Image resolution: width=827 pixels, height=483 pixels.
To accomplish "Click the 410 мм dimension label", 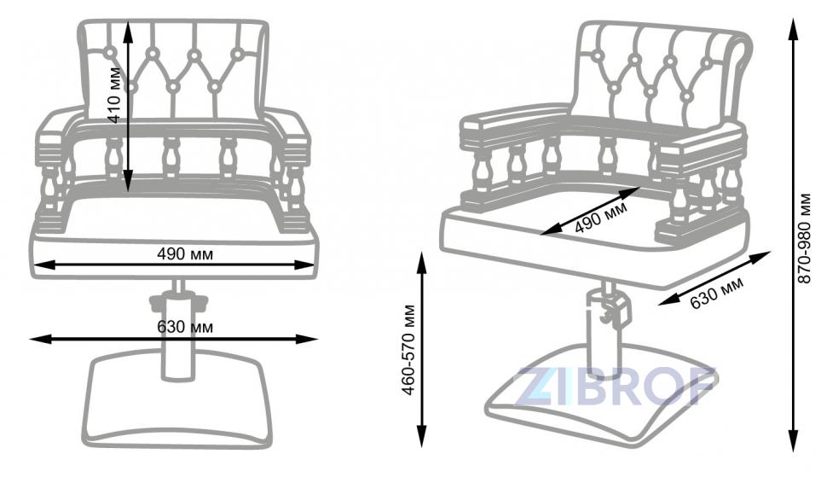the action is point(116,95).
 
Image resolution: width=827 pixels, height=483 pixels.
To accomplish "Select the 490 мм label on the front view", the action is point(185,254).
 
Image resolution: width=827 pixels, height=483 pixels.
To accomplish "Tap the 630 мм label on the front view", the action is point(185,327).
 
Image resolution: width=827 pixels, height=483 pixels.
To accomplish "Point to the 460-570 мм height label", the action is point(409,349).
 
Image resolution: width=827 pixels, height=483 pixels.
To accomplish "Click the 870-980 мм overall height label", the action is point(805,238).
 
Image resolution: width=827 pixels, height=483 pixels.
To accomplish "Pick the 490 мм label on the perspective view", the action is point(601,217).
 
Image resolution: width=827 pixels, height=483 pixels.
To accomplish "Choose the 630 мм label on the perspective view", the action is point(716,292).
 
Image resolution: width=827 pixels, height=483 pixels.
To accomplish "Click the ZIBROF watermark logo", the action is point(616,386).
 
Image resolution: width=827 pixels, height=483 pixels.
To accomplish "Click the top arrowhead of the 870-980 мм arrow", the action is point(792,26).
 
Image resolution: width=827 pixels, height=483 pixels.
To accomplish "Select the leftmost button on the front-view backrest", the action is point(111,52).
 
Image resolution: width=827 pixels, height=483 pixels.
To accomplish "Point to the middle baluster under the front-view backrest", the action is point(170,157).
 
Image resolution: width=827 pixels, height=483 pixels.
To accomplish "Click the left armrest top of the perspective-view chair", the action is point(514,119).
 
